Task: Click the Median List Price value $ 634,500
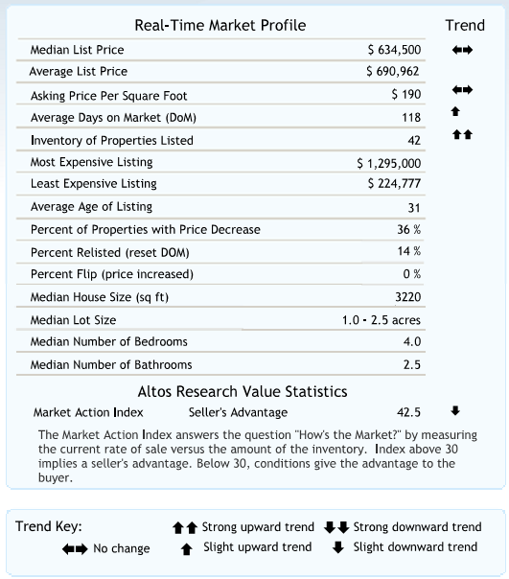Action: (394, 50)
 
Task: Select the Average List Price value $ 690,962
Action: (393, 71)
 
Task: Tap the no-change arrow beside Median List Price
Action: (462, 50)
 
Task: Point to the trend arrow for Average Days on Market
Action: (455, 111)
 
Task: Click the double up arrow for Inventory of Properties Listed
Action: (462, 134)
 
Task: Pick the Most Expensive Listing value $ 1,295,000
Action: (389, 163)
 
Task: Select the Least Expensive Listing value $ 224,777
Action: (394, 183)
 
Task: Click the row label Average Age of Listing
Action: (91, 207)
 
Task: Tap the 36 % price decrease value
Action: (409, 230)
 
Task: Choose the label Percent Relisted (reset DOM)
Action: (109, 252)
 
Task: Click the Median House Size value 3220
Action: (407, 297)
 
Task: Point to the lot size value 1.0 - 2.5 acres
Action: (382, 320)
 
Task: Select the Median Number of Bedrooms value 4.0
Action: (412, 342)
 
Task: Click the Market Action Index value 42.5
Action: (408, 412)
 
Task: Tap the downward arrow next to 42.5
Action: (455, 410)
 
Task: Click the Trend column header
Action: (465, 26)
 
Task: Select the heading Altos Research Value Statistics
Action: (243, 392)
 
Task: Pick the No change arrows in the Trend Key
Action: (75, 549)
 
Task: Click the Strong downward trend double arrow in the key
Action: (336, 527)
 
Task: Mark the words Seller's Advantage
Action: (238, 412)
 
